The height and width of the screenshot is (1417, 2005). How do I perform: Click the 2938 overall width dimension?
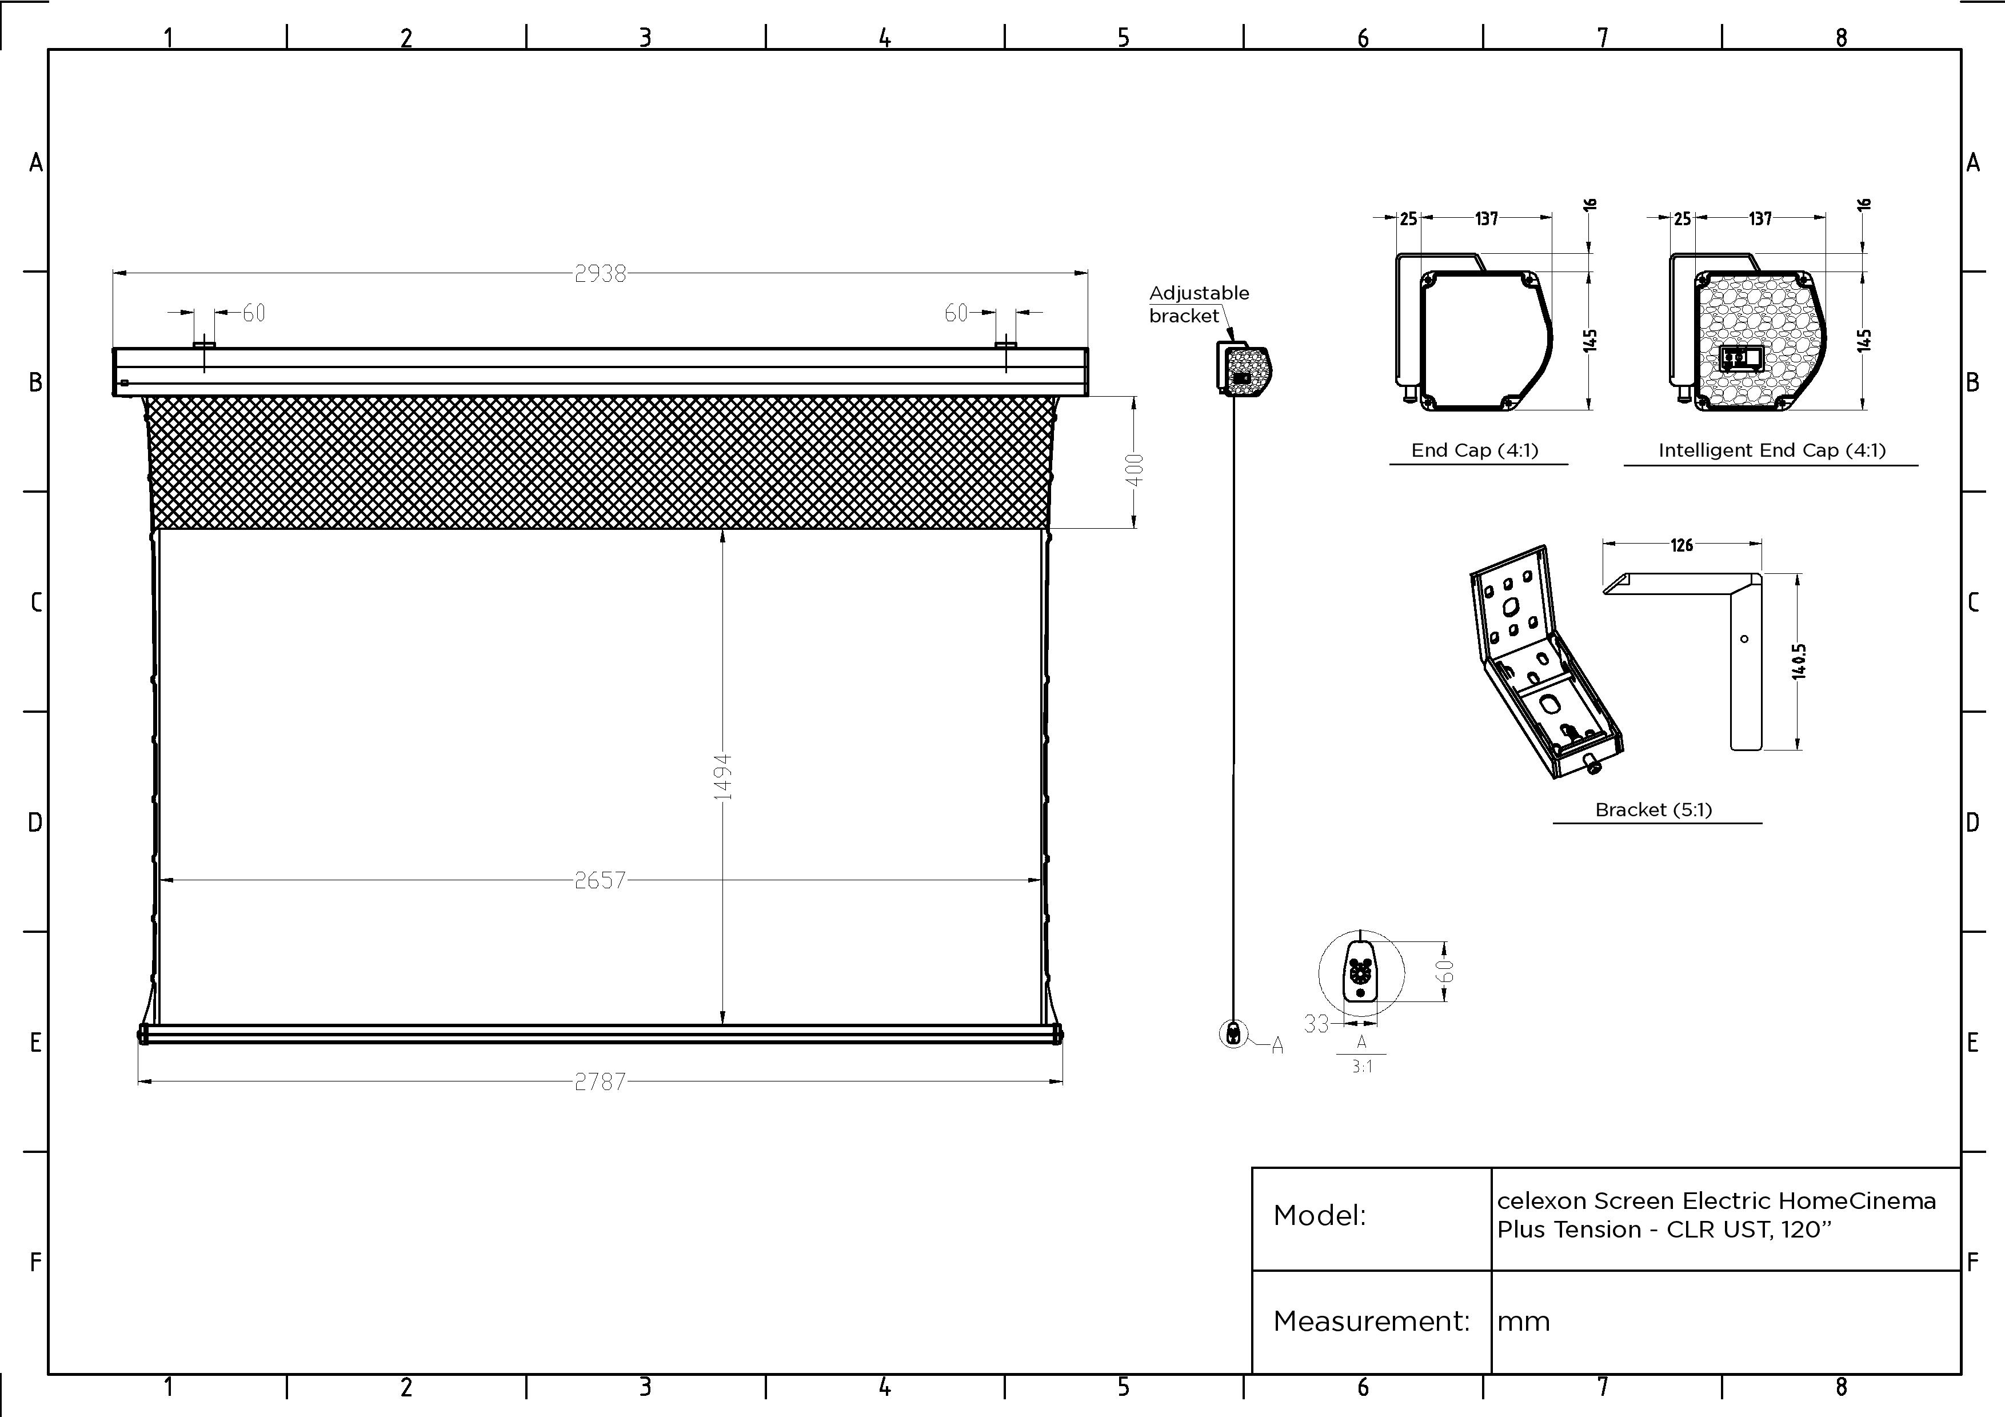click(600, 274)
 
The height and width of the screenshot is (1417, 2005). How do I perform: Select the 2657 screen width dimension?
click(600, 880)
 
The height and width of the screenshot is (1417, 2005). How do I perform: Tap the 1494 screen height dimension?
click(722, 777)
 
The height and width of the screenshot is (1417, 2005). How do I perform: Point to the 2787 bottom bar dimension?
click(600, 1081)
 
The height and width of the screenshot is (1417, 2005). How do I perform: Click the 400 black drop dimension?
click(1135, 470)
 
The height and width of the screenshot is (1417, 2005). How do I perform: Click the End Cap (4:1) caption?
click(1475, 450)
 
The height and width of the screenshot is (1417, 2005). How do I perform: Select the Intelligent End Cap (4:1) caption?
click(1772, 450)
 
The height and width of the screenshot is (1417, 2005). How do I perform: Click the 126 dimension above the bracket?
click(1682, 545)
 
